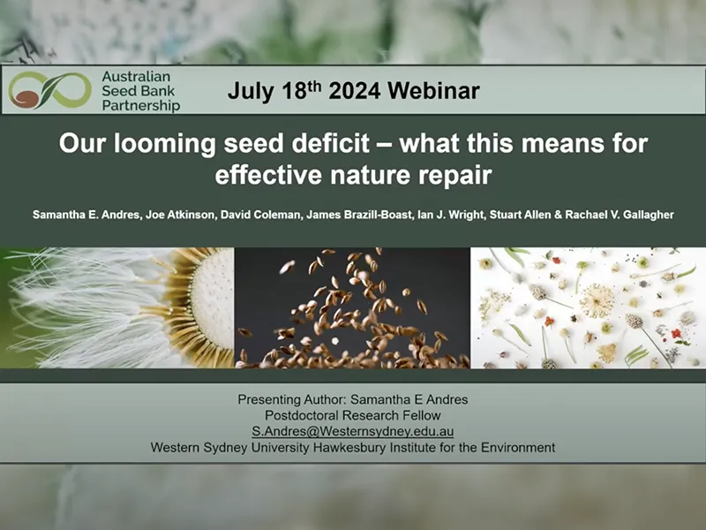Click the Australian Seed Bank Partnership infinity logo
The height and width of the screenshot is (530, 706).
pyautogui.click(x=49, y=89)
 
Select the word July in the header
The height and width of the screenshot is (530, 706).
pyautogui.click(x=250, y=90)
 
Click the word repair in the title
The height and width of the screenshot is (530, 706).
pyautogui.click(x=454, y=173)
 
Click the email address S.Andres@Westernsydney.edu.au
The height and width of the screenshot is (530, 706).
pyautogui.click(x=352, y=431)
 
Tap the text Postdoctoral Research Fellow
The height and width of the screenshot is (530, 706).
pyautogui.click(x=352, y=415)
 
